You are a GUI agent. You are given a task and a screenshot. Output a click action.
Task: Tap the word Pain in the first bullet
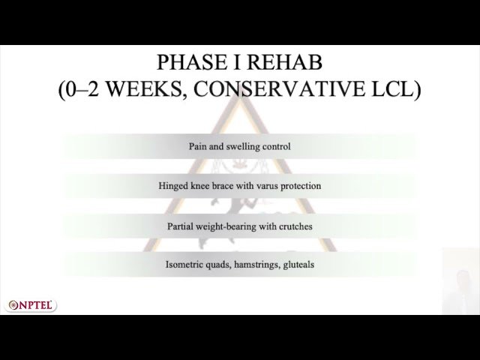click(x=198, y=146)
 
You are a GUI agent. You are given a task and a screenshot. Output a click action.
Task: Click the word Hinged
click(x=174, y=186)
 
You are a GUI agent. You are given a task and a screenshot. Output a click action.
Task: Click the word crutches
click(x=295, y=226)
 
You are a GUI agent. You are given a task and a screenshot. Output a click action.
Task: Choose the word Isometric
click(x=185, y=265)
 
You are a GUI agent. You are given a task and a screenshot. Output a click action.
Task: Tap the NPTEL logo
click(x=31, y=305)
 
